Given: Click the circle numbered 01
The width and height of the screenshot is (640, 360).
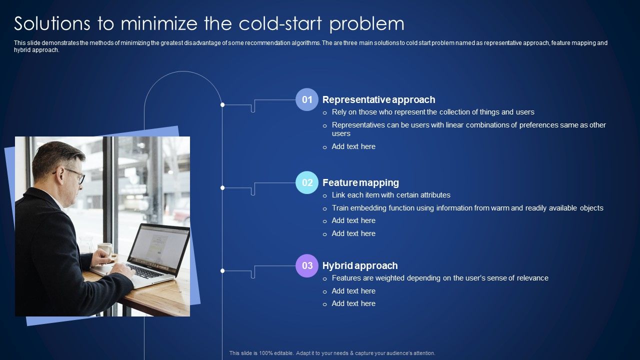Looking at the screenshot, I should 307,99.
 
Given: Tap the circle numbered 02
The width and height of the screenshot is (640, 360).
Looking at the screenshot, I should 307,182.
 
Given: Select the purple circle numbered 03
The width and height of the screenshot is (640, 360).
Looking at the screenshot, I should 307,265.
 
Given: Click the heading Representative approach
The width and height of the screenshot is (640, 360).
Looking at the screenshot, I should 378,99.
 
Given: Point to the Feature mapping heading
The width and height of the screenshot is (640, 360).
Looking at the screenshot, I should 360,182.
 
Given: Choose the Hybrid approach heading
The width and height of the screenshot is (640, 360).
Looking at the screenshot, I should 360,265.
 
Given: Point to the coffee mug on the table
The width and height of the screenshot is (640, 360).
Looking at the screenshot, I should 105,248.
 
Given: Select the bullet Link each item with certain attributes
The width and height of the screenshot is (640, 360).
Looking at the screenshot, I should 391,195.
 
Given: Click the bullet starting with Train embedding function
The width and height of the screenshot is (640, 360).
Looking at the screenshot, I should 467,208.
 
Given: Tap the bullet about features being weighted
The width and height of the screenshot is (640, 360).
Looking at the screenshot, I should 440,278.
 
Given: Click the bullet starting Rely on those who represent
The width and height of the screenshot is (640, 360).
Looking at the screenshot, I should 433,112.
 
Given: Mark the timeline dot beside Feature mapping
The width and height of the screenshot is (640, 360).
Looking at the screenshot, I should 222,187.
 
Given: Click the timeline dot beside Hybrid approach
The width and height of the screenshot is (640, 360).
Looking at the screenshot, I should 222,270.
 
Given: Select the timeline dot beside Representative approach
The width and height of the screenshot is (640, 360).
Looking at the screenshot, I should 222,104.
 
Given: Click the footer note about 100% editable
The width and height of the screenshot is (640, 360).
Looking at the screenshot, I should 332,353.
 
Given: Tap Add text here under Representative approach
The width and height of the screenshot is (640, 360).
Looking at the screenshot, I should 353,146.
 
